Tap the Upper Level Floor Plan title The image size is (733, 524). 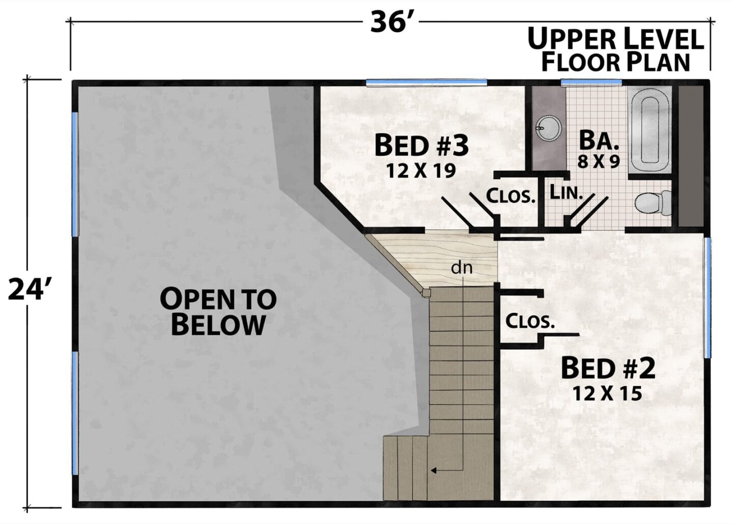[615, 50]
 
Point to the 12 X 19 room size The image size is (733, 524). [421, 170]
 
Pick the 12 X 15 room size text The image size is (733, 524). [607, 393]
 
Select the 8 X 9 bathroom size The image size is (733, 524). [599, 162]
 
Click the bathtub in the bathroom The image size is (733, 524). [650, 130]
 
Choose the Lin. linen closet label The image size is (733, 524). [566, 192]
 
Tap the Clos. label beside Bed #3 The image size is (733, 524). [511, 196]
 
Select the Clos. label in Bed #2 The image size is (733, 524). [530, 321]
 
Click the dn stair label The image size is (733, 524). [462, 268]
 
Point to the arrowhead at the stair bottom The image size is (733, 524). [434, 471]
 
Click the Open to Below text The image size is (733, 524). [218, 311]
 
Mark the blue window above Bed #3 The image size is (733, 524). [427, 83]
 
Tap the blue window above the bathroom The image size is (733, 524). [591, 82]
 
